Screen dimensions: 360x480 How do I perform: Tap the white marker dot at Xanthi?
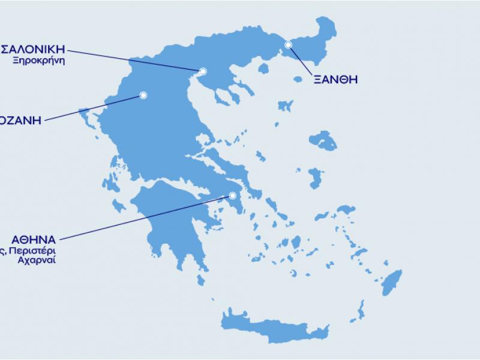tap(288, 44)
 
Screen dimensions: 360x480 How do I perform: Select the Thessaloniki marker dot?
tap(203, 71)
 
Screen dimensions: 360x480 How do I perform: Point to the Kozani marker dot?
tap(143, 94)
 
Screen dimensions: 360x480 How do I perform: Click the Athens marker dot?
tap(233, 195)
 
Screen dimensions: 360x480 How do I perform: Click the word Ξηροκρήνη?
tap(42, 61)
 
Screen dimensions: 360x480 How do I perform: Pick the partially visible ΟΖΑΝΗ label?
tap(20, 119)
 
